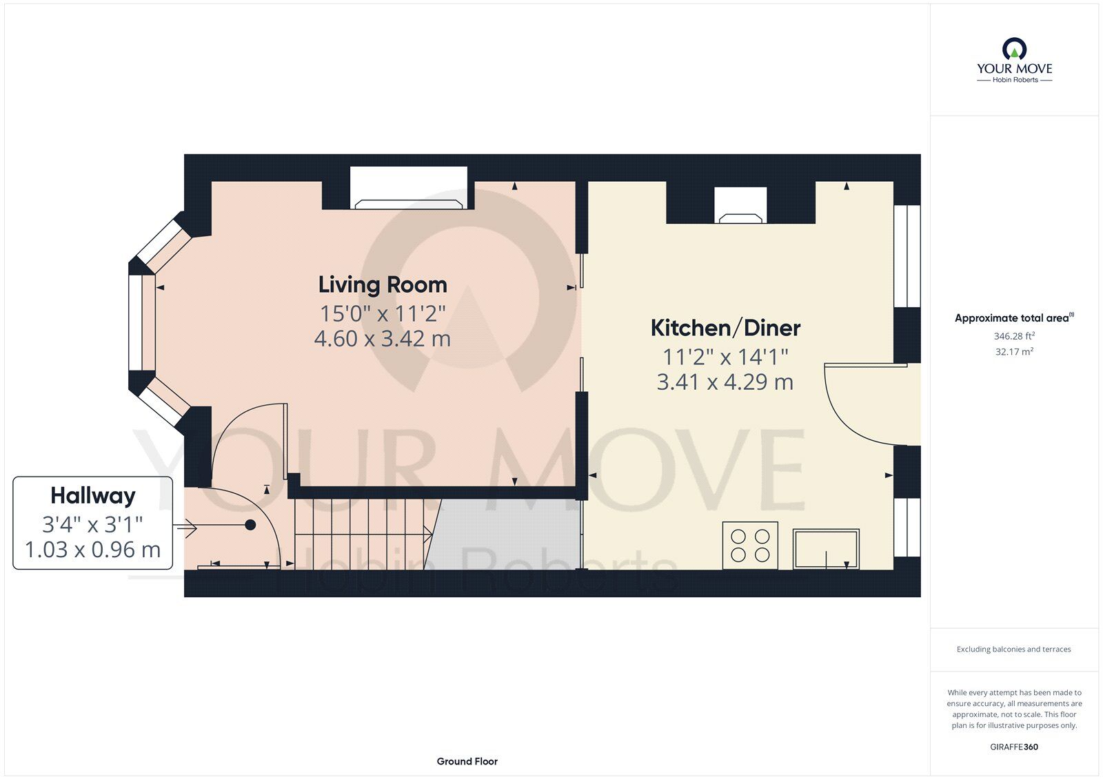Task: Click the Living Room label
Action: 383,284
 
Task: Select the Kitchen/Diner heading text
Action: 725,328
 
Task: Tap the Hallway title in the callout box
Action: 93,495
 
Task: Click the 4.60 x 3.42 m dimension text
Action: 383,339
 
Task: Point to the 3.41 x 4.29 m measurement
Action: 725,382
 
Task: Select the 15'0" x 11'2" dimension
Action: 383,313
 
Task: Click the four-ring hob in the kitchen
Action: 750,545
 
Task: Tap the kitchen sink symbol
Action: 826,548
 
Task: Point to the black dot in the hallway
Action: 251,525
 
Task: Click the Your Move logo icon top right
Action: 1014,49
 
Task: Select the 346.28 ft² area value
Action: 1014,336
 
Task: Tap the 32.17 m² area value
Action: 1014,351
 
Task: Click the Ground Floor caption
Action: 467,761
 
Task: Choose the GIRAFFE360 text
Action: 1014,747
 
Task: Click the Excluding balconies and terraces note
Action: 1013,649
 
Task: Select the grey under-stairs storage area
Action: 507,534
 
